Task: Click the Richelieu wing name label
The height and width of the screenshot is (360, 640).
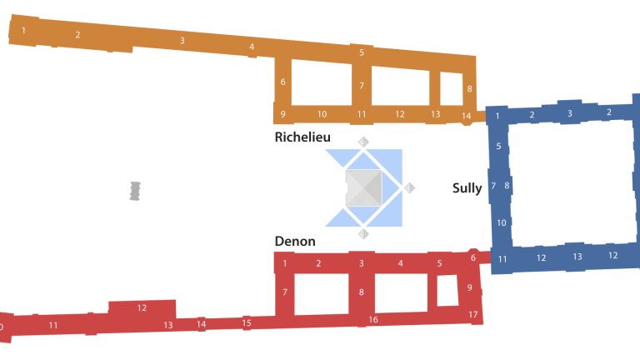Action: [302, 137]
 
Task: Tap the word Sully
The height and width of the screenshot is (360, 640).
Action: [467, 188]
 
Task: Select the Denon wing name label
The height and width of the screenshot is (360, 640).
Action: [295, 242]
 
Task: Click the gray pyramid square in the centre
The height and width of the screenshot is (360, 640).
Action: [363, 187]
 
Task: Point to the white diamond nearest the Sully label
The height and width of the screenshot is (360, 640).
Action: [409, 187]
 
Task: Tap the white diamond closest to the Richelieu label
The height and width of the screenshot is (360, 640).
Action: [363, 142]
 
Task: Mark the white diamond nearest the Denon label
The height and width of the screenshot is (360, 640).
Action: [363, 234]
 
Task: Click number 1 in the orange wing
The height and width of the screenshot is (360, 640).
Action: [23, 31]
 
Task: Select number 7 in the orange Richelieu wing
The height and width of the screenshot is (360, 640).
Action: [362, 86]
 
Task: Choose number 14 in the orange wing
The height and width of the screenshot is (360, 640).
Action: [466, 116]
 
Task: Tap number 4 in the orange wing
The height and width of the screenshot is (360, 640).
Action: [252, 47]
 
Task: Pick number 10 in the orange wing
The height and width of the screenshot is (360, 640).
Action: [322, 114]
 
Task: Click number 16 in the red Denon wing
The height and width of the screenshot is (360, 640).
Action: [373, 319]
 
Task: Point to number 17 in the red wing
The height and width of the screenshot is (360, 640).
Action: [472, 314]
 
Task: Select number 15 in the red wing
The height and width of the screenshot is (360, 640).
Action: [247, 322]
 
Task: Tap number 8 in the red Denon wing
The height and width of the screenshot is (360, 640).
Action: [362, 292]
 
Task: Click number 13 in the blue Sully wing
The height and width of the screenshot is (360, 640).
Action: [577, 257]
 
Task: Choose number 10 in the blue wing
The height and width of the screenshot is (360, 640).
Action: [501, 222]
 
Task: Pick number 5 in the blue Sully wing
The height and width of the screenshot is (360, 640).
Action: [498, 147]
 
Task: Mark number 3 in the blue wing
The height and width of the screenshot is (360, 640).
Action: [570, 113]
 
